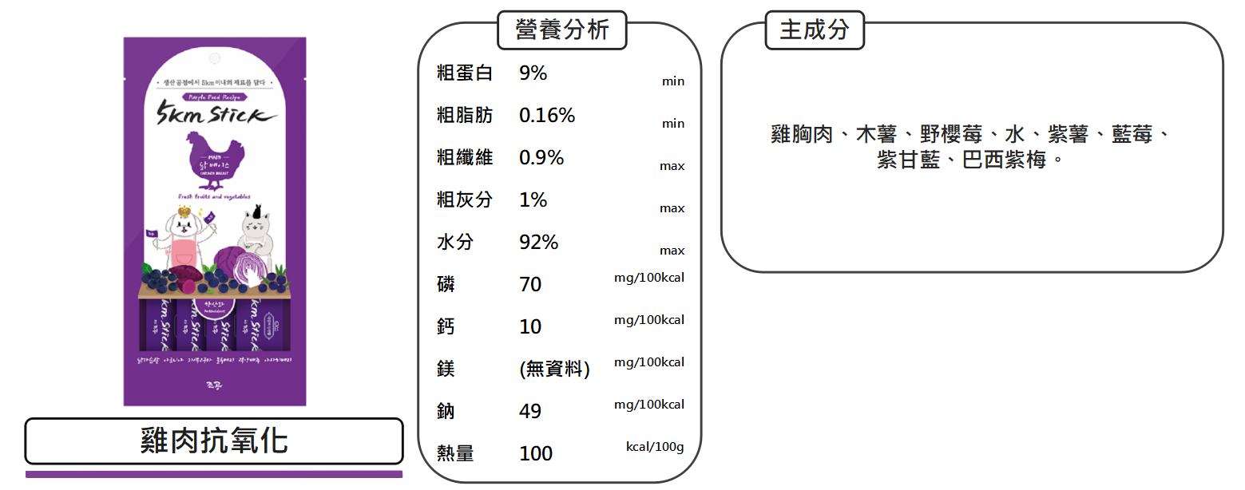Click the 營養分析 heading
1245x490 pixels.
[562, 30]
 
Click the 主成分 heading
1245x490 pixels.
[814, 30]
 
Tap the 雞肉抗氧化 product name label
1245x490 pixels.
[214, 441]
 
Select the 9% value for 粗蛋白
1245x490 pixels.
[533, 73]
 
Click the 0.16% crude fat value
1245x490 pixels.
[546, 116]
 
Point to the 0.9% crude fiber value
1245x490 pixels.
[541, 158]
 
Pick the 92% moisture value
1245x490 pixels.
[538, 242]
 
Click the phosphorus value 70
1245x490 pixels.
[530, 284]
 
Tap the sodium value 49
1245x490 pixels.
[530, 411]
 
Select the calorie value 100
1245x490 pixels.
[535, 453]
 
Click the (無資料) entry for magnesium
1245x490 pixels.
[554, 369]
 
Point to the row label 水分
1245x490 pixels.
[455, 242]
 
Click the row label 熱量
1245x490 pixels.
[455, 453]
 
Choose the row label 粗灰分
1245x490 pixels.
[465, 200]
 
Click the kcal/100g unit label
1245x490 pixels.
[654, 446]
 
